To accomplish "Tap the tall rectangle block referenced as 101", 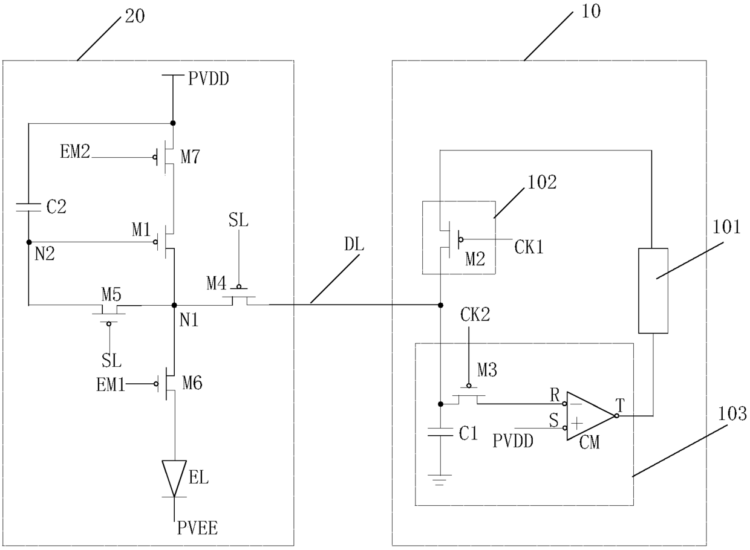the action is [653, 291].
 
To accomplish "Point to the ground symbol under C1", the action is [440, 480].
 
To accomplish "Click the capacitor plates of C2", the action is [28, 207].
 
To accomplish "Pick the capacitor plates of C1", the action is [440, 432].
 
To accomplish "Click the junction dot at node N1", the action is [174, 305].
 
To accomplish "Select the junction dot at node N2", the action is [29, 242].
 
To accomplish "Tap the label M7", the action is [190, 157].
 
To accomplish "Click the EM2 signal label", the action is [75, 151].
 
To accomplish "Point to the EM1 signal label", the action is [111, 385].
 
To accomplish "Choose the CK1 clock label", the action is [529, 248].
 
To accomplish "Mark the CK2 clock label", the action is [475, 314].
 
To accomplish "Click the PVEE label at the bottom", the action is [197, 528].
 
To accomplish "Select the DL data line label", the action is [354, 245].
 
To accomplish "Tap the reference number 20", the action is [135, 16].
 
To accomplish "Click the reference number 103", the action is [732, 414].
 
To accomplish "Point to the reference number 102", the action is [542, 183].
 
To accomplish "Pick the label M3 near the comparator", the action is [487, 370].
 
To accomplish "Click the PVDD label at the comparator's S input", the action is [513, 441].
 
